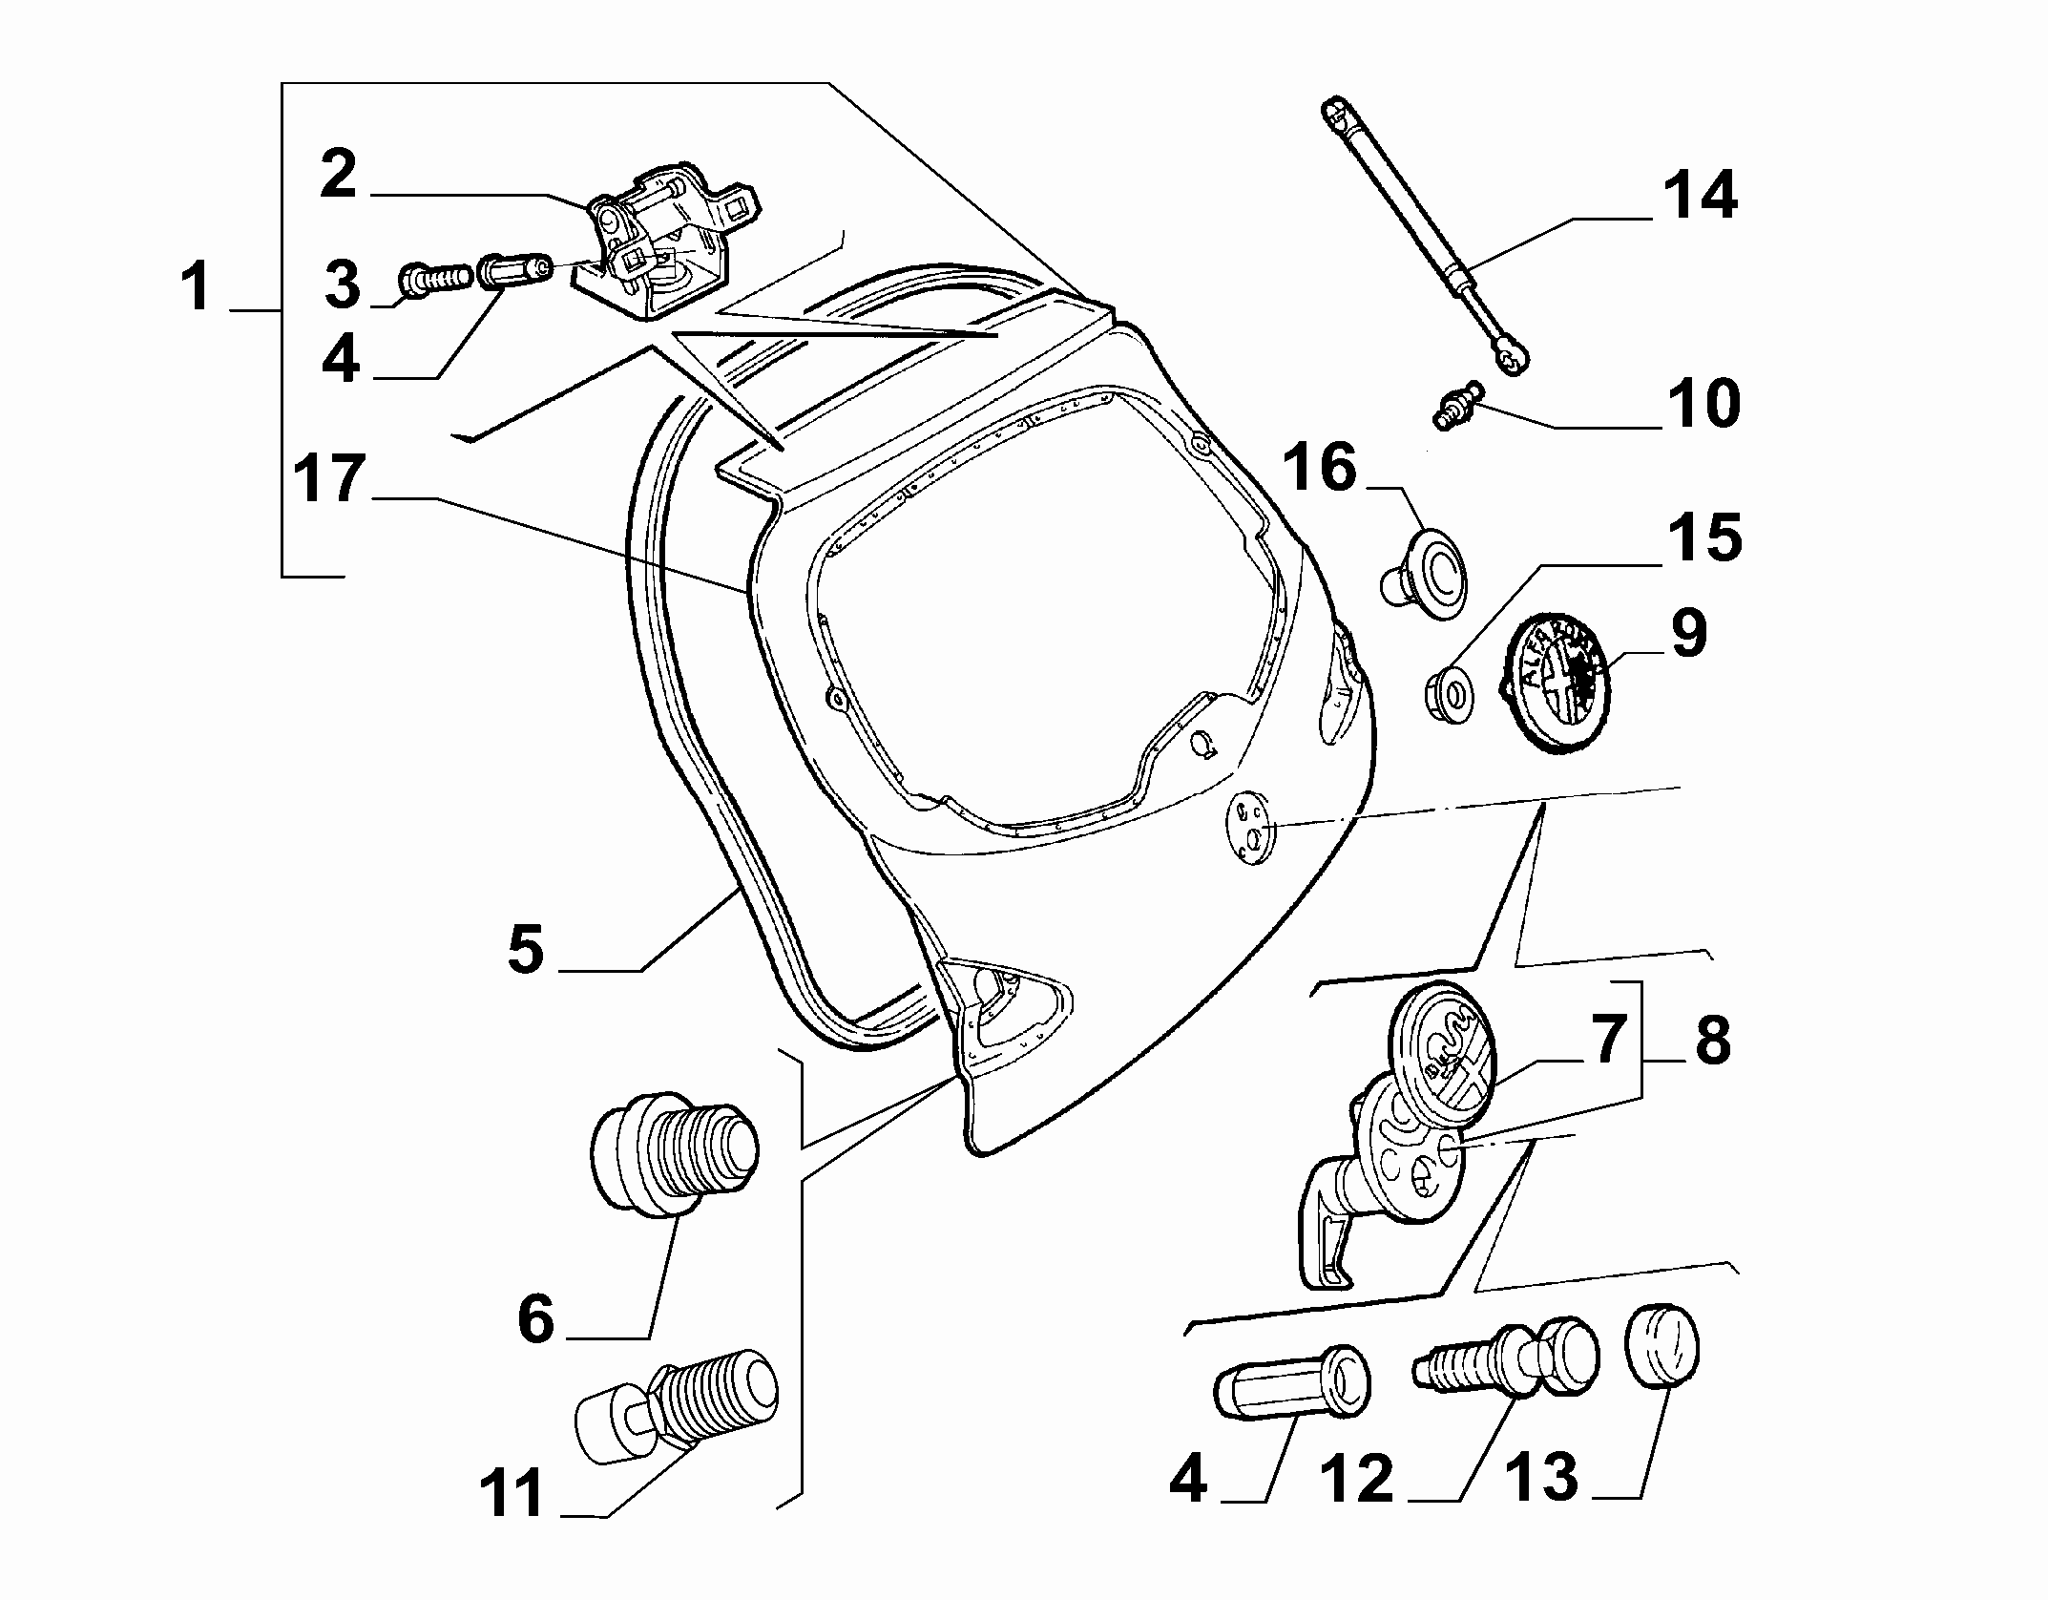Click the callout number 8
pos(1713,1041)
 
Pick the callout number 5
pos(526,950)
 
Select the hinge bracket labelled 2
pos(668,243)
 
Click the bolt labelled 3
pos(435,278)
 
